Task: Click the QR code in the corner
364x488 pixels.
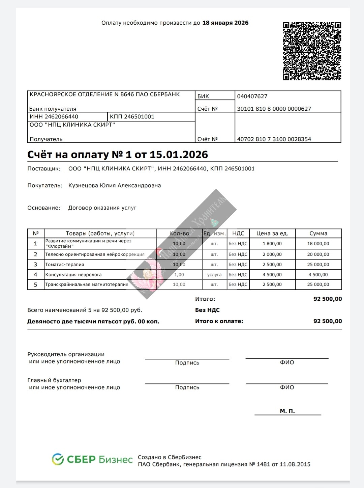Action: pyautogui.click(x=312, y=51)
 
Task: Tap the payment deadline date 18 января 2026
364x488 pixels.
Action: pyautogui.click(x=225, y=23)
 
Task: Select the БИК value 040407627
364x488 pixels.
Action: pyautogui.click(x=252, y=97)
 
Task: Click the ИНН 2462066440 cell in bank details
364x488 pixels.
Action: pyautogui.click(x=54, y=117)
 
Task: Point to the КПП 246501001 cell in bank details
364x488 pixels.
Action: pyautogui.click(x=132, y=117)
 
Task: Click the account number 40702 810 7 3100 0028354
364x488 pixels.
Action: pyautogui.click(x=274, y=139)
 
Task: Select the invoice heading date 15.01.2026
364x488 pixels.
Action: pyautogui.click(x=179, y=155)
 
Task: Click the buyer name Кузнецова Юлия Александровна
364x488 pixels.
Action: pyautogui.click(x=115, y=186)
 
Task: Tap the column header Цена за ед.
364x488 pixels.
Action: pyautogui.click(x=272, y=234)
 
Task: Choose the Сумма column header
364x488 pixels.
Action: pyautogui.click(x=318, y=234)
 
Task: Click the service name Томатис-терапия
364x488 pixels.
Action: pyautogui.click(x=65, y=265)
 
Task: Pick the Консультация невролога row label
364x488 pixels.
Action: pyautogui.click(x=73, y=275)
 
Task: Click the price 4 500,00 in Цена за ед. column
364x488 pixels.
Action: pyautogui.click(x=272, y=275)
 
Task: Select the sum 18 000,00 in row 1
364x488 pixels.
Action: pyautogui.click(x=318, y=244)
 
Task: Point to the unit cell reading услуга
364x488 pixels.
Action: pyautogui.click(x=214, y=275)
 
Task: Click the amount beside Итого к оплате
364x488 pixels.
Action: pyautogui.click(x=327, y=321)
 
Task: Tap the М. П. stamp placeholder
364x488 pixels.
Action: pyautogui.click(x=287, y=411)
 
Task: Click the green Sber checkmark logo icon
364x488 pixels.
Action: pyautogui.click(x=58, y=459)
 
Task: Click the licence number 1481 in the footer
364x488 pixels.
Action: pyautogui.click(x=263, y=464)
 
